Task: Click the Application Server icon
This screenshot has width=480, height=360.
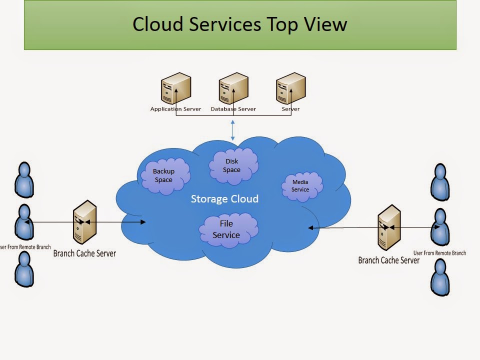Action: pyautogui.click(x=175, y=88)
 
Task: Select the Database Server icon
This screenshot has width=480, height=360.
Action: pyautogui.click(x=233, y=88)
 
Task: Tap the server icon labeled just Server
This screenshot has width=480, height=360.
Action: pyautogui.click(x=290, y=88)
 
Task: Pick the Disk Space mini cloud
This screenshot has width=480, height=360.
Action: pyautogui.click(x=232, y=165)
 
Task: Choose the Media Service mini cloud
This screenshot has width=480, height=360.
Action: pyautogui.click(x=300, y=186)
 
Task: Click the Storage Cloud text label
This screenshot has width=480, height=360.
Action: pyautogui.click(x=224, y=199)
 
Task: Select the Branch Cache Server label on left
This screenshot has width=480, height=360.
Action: pyautogui.click(x=84, y=253)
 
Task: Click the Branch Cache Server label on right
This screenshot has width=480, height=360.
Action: pyautogui.click(x=388, y=260)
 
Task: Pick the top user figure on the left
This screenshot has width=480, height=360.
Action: pyautogui.click(x=23, y=179)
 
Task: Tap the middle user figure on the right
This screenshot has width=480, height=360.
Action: pyautogui.click(x=439, y=226)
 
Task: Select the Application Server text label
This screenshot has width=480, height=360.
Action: pyautogui.click(x=175, y=109)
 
